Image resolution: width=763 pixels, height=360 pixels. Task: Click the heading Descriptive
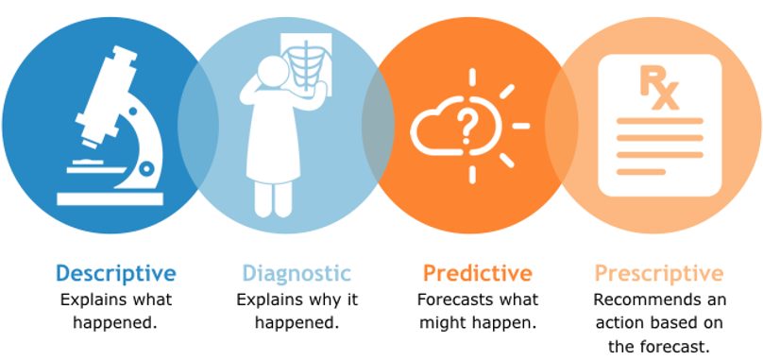[116, 273]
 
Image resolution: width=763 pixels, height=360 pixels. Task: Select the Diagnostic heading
[297, 273]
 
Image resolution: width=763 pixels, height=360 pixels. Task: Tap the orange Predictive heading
[478, 273]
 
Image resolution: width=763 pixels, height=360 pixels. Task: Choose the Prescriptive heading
[659, 273]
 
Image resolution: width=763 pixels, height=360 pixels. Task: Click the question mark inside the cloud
[466, 125]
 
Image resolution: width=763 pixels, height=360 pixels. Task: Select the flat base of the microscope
[110, 199]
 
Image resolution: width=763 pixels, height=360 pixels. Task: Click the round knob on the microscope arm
[146, 168]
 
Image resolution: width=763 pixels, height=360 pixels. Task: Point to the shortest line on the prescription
[641, 171]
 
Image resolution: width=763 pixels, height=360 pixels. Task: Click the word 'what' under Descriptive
[153, 300]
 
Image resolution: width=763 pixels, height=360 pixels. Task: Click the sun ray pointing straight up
[472, 77]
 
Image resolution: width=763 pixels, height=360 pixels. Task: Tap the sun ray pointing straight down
[472, 175]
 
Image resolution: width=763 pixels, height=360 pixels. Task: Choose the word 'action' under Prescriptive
[617, 323]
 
